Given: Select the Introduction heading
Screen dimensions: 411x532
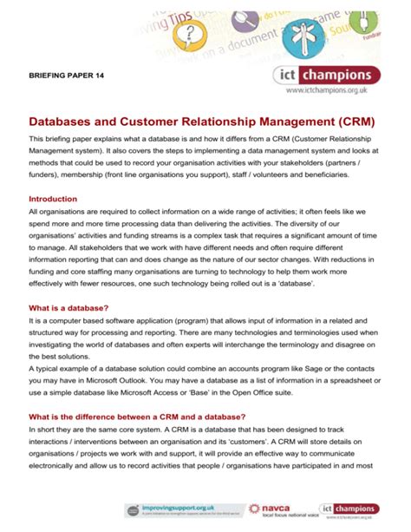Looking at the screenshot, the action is (x=53, y=199).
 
